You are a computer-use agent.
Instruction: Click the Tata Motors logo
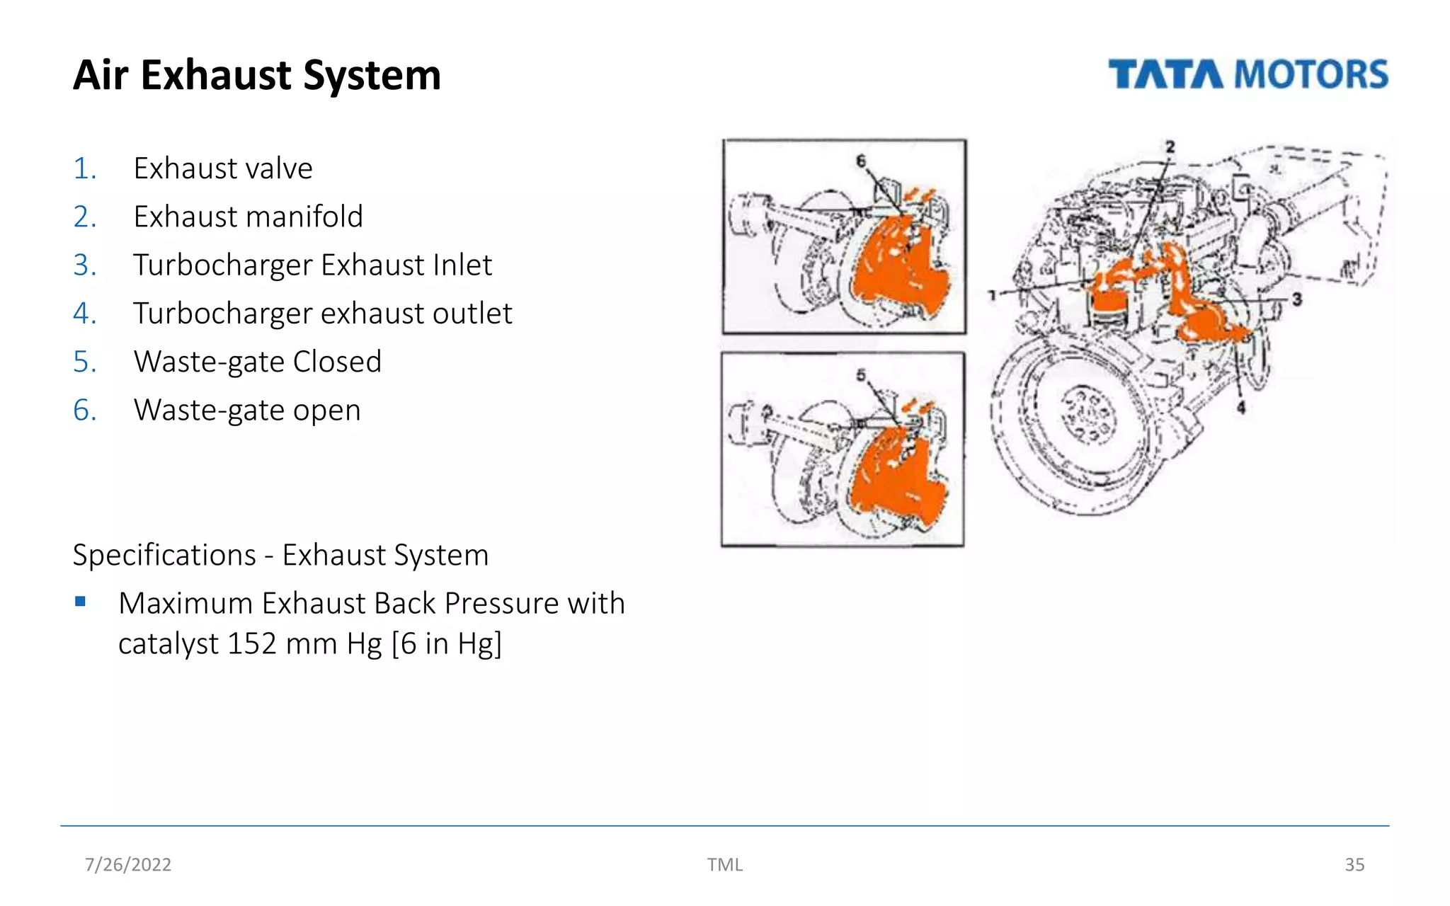[x=1248, y=74]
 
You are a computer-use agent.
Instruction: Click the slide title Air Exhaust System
[x=257, y=75]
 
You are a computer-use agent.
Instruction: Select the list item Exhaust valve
[x=222, y=168]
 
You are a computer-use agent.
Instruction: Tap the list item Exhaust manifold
[x=248, y=217]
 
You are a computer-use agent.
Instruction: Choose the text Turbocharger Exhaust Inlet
[x=312, y=265]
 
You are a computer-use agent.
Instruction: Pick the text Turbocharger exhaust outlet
[x=322, y=314]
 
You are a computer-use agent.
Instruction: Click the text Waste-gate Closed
[x=257, y=362]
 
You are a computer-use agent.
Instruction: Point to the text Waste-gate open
[x=247, y=410]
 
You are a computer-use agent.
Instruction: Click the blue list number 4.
[x=84, y=314]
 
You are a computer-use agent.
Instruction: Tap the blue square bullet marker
[x=80, y=602]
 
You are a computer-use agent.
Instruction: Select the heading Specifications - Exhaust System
[x=280, y=555]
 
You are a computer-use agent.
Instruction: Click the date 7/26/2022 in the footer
[x=128, y=864]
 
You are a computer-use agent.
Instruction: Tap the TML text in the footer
[x=724, y=864]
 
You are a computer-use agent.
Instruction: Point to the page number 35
[x=1354, y=864]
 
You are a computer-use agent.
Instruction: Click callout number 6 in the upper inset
[x=861, y=161]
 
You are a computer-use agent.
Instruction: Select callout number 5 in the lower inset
[x=861, y=375]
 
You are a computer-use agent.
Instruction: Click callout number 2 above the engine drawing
[x=1170, y=147]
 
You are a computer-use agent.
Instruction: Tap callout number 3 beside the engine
[x=1296, y=299]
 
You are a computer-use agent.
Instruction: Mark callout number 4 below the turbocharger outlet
[x=1240, y=407]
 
